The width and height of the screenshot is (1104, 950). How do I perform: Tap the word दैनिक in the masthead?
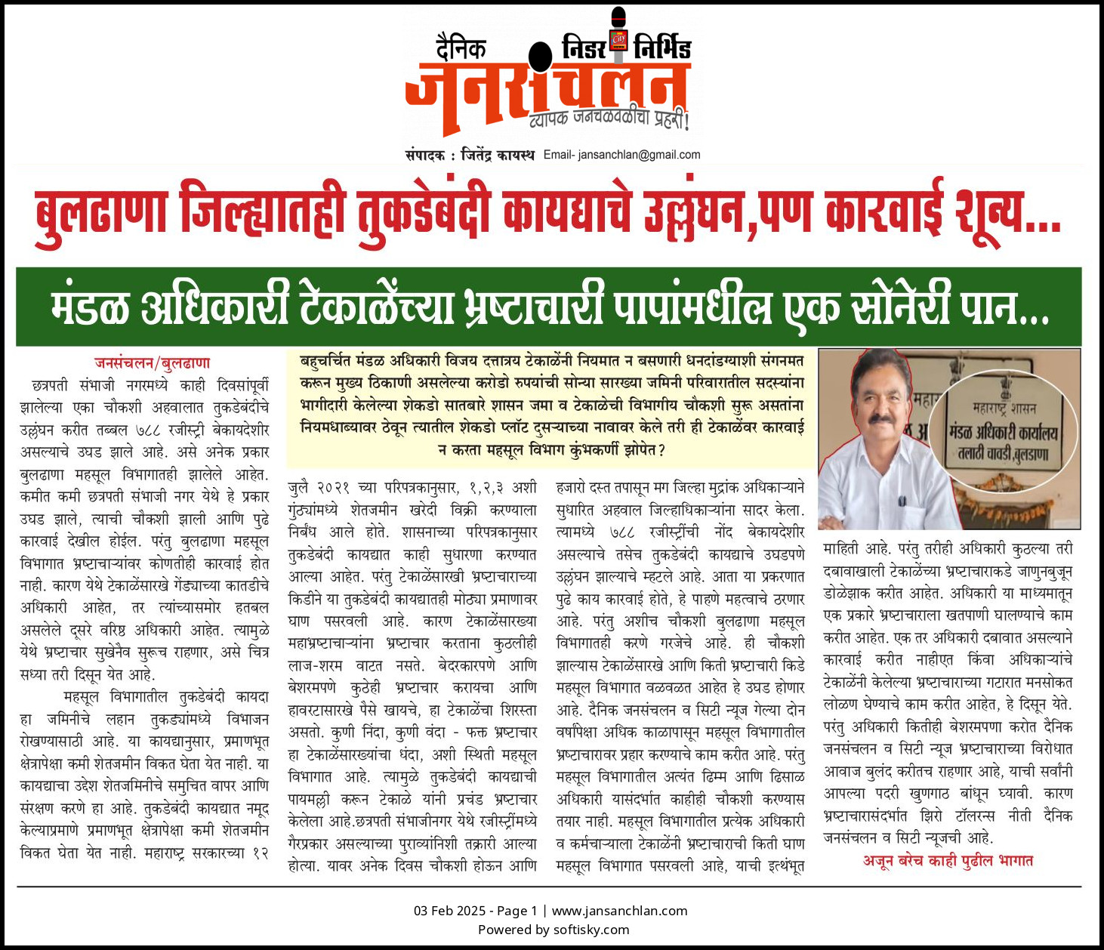point(461,49)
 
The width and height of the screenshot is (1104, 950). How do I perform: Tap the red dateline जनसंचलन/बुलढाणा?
point(152,363)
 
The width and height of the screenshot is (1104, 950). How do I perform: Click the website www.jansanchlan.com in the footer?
point(619,911)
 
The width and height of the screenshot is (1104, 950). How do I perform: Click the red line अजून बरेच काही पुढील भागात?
point(948,861)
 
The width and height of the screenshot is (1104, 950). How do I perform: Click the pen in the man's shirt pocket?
point(901,499)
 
